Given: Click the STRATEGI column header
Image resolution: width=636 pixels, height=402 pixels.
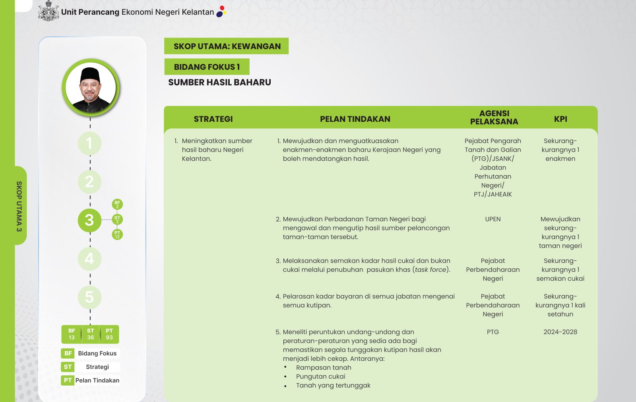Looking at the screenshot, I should click(213, 119).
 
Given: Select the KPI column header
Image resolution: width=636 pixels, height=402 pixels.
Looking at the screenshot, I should click(560, 119).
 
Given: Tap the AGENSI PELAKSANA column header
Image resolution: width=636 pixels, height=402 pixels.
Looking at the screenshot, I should click(494, 117).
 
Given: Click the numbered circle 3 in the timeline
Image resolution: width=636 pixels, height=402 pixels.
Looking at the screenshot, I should click(89, 220).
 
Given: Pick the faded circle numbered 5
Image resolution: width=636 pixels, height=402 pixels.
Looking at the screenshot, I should click(89, 297).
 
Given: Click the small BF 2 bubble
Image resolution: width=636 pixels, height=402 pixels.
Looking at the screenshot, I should click(117, 204).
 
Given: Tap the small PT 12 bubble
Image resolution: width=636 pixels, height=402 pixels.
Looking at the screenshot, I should click(117, 234).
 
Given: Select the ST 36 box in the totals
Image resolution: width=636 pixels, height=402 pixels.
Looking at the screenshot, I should click(91, 334).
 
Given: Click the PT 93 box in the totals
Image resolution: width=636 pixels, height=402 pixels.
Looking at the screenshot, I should click(109, 334).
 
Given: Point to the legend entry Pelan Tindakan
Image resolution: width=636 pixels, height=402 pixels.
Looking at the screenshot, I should click(91, 380).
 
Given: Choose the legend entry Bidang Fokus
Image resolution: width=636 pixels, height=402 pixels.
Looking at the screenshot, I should click(91, 353).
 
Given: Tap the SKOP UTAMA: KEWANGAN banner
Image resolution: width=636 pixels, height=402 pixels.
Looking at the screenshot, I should click(227, 46).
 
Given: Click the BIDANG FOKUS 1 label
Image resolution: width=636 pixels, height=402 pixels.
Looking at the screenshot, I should click(207, 67).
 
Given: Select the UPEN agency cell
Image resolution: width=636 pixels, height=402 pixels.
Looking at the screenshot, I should click(493, 219).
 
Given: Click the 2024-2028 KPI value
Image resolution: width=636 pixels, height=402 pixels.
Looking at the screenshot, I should click(560, 332).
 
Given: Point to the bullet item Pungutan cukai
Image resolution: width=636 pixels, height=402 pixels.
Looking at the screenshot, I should click(320, 376).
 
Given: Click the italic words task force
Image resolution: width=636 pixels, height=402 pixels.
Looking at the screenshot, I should click(430, 269).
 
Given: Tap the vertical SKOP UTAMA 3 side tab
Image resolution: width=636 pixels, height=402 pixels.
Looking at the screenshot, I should click(19, 206).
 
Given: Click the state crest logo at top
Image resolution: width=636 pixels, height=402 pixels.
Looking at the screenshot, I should click(48, 11).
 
